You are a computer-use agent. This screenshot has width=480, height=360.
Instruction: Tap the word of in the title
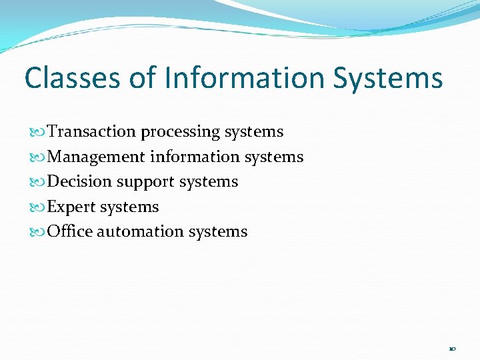click(x=141, y=78)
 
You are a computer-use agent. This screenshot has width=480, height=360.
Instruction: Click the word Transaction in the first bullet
click(x=92, y=132)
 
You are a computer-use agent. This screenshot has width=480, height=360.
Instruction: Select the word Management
click(x=97, y=157)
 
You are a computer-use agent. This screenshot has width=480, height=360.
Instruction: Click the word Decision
click(x=81, y=182)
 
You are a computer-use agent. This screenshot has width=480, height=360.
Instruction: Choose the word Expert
click(x=72, y=207)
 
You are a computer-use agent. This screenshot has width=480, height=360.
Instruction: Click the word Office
click(x=70, y=232)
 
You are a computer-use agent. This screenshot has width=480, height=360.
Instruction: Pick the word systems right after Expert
click(x=129, y=207)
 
